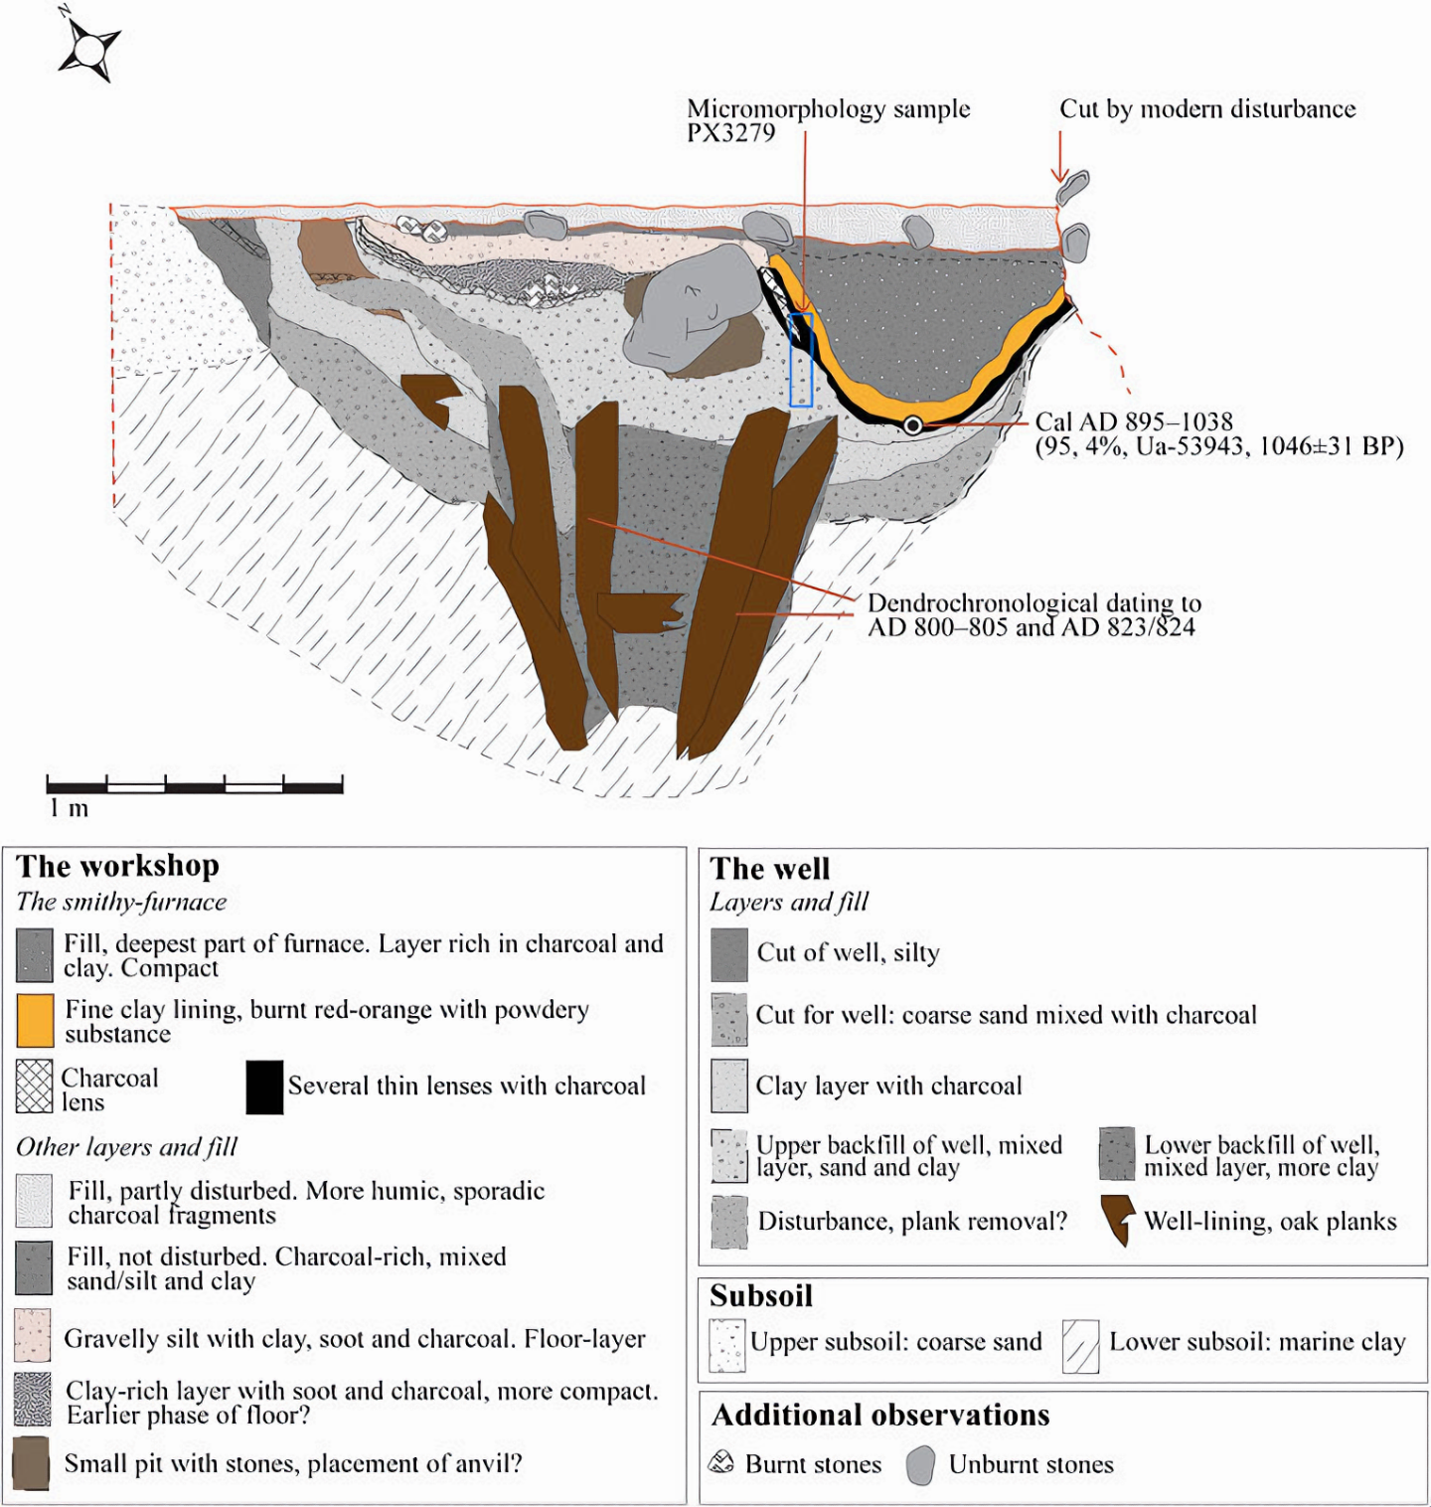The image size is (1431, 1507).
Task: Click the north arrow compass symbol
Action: [x=88, y=47]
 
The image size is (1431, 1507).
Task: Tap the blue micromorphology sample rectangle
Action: [x=801, y=360]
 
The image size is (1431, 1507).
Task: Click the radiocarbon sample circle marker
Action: [x=912, y=425]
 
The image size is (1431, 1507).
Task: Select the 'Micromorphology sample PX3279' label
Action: [x=828, y=120]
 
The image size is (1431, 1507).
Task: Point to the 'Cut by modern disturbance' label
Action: [x=1207, y=108]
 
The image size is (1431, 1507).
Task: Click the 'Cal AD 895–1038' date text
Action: [x=1134, y=421]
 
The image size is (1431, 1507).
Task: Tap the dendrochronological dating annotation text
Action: [x=1033, y=614]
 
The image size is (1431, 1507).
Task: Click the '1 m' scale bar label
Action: [x=69, y=808]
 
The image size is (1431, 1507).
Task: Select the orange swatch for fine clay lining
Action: [x=35, y=1021]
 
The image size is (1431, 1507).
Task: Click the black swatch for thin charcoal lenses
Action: [x=264, y=1087]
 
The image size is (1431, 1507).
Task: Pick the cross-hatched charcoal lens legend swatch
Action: [x=35, y=1087]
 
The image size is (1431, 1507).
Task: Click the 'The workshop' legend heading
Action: [x=118, y=866]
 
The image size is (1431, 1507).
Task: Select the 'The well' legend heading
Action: [x=770, y=869]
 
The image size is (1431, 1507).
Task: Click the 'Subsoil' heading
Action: [x=761, y=1296]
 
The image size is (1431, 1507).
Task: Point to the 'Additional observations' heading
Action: [x=880, y=1415]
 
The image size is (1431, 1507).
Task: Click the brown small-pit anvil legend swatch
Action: [x=32, y=1463]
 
